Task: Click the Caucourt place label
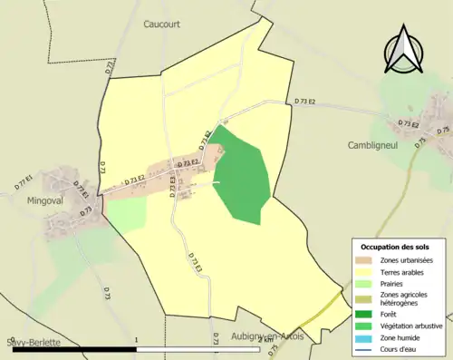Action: pyautogui.click(x=164, y=25)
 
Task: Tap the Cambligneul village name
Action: pyautogui.click(x=374, y=145)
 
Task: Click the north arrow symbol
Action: pyautogui.click(x=406, y=51)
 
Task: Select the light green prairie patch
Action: pyautogui.click(x=127, y=214)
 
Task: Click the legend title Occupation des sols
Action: pyautogui.click(x=396, y=247)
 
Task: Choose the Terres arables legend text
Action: pyautogui.click(x=406, y=272)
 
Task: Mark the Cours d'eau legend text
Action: pyautogui.click(x=404, y=347)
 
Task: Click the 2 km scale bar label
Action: pyautogui.click(x=265, y=339)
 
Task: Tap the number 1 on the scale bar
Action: pyautogui.click(x=135, y=339)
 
